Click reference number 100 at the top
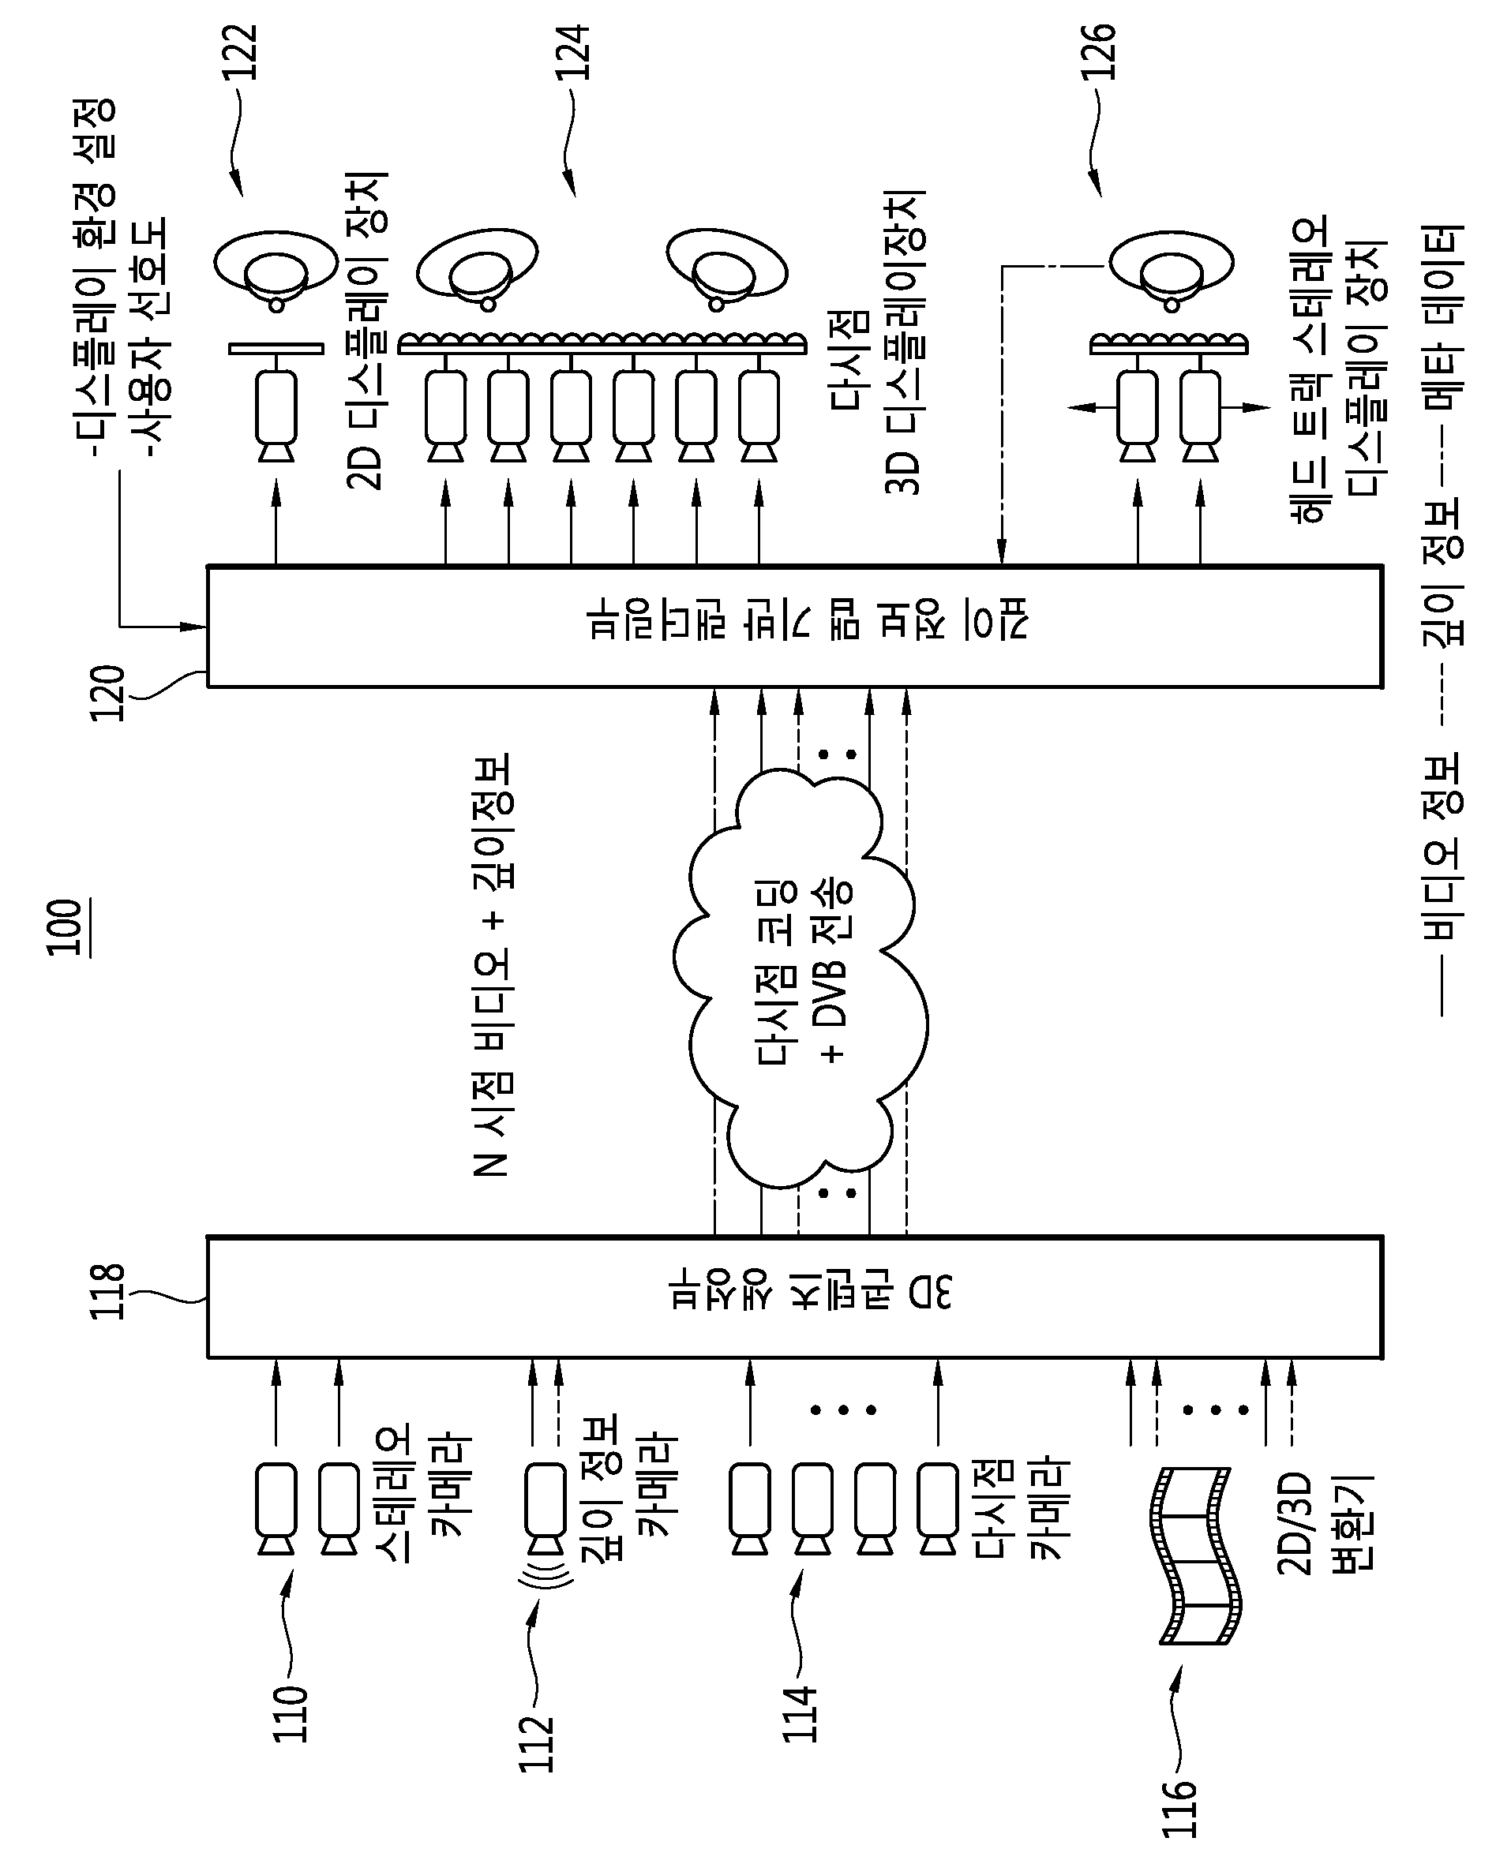[66, 928]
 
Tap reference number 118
[109, 1292]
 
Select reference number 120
[108, 694]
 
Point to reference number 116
[1179, 1807]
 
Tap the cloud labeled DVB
[800, 976]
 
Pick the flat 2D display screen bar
[277, 350]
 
